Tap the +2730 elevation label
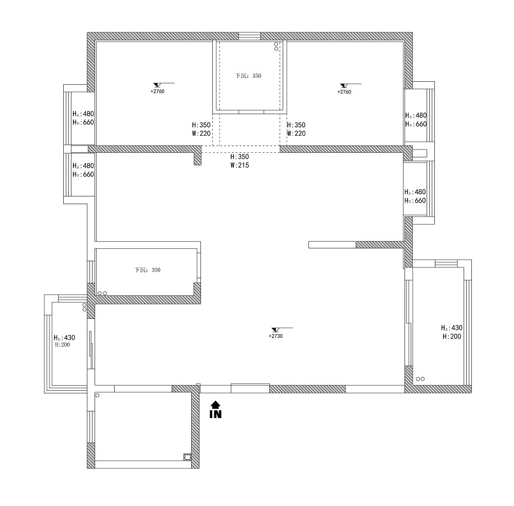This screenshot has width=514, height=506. [x=276, y=336]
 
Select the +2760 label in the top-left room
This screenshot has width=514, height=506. [x=157, y=91]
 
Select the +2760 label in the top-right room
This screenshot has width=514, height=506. [x=344, y=92]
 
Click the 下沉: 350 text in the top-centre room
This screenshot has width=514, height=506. [x=248, y=76]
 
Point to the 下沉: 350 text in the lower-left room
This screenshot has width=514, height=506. [x=147, y=270]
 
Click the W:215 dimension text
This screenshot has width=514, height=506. [x=240, y=166]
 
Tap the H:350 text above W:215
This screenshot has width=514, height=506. [x=240, y=157]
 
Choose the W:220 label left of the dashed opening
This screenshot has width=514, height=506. [x=201, y=133]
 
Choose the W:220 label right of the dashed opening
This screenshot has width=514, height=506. [x=296, y=133]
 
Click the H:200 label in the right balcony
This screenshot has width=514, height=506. [x=451, y=336]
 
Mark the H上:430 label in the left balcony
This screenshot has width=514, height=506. [x=64, y=338]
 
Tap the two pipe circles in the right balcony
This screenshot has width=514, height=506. [x=420, y=379]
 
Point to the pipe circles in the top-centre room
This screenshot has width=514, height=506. [x=276, y=46]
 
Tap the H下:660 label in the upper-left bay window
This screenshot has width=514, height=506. [x=82, y=122]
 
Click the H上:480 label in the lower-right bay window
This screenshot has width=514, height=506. [x=415, y=192]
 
